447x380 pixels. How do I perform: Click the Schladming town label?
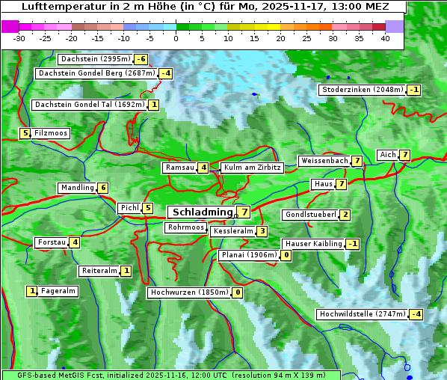point(203,212)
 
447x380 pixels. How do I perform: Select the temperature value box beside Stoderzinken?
point(414,90)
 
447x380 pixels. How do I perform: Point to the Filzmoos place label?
point(50,133)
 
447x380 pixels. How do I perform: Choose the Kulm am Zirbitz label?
point(252,168)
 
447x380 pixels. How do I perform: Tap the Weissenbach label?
point(324,161)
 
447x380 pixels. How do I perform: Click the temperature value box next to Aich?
point(404,155)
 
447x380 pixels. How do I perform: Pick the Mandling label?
point(77,188)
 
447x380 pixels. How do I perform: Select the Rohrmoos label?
point(185,227)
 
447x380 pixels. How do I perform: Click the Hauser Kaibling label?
point(313,244)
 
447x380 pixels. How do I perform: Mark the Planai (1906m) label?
point(249,255)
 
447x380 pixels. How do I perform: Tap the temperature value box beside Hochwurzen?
point(237,292)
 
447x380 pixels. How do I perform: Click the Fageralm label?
point(58,291)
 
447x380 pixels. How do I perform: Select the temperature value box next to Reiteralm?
point(126,271)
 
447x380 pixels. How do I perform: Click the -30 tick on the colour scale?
point(19,37)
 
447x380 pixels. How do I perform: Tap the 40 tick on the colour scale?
point(385,37)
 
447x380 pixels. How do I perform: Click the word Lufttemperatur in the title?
point(60,6)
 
